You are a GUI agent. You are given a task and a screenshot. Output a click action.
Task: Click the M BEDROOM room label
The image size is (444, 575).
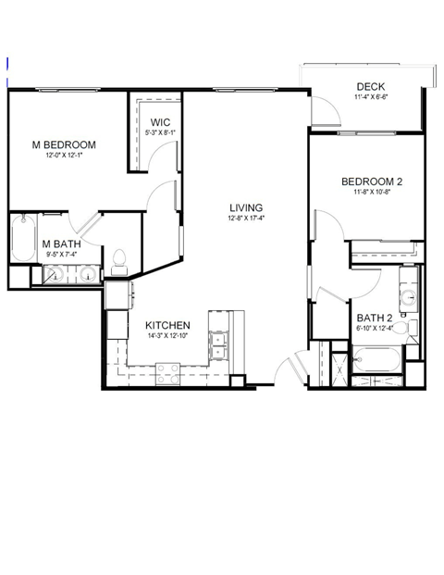(x=65, y=145)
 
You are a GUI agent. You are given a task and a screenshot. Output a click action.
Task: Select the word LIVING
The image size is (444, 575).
(x=246, y=207)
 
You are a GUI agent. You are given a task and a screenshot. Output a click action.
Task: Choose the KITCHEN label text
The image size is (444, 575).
(x=167, y=326)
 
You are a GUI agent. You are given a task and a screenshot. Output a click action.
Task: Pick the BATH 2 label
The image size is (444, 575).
(x=375, y=317)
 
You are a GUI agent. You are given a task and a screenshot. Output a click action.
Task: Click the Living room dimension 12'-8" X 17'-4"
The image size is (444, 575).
(x=246, y=219)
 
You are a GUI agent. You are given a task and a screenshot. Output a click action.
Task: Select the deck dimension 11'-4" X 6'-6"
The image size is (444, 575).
(x=369, y=96)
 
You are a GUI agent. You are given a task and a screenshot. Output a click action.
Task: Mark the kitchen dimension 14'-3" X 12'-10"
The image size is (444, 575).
(x=167, y=337)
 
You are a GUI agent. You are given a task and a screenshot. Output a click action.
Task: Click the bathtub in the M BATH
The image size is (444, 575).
(x=21, y=240)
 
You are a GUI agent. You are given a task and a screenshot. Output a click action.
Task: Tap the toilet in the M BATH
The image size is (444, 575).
(x=118, y=260)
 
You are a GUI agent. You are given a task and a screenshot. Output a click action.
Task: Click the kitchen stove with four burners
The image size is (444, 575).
(x=167, y=373)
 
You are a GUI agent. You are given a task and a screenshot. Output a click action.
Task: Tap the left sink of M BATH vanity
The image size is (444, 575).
(x=56, y=274)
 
